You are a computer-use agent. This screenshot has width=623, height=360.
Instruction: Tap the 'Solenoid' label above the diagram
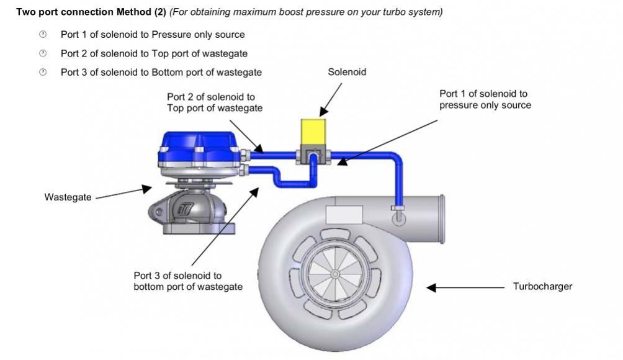click(347, 72)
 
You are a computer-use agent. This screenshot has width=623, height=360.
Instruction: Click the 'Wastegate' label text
click(68, 197)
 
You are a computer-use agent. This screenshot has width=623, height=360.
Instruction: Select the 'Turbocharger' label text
click(542, 287)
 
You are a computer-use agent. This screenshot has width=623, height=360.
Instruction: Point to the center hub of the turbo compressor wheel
click(334, 274)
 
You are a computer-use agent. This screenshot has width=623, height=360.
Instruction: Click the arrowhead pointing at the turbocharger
click(432, 287)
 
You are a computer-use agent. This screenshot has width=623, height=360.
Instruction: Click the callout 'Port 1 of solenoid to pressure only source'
click(485, 99)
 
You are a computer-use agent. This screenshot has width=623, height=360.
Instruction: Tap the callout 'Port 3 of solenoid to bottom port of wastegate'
click(188, 281)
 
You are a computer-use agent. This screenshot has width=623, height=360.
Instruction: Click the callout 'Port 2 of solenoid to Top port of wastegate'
click(214, 102)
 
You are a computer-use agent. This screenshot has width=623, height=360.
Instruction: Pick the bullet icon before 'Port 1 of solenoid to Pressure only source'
click(43, 35)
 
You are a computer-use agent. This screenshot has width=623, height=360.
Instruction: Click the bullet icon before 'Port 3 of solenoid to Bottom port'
click(43, 72)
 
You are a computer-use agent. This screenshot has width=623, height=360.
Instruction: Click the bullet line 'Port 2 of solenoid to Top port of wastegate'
click(154, 53)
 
